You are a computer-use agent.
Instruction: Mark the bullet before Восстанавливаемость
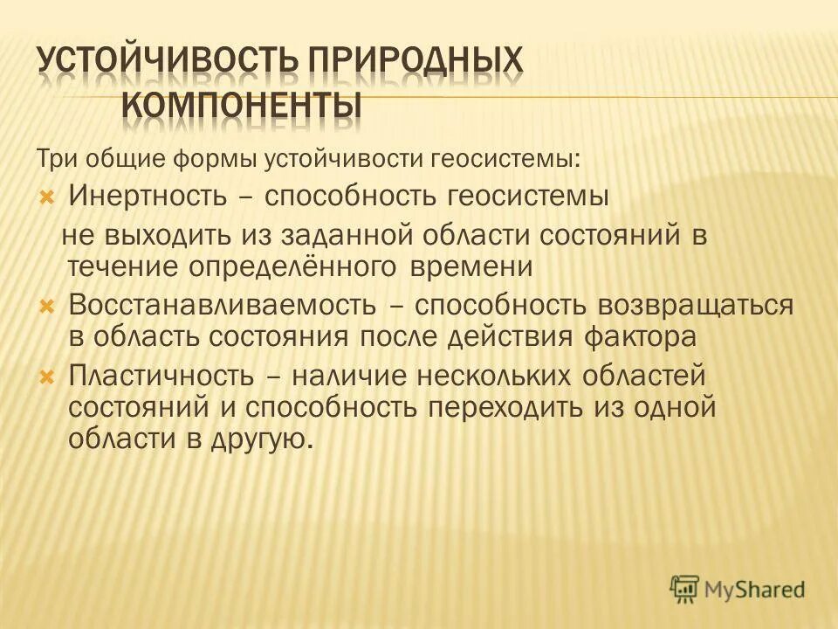[x=48, y=306]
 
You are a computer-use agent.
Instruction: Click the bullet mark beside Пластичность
[x=48, y=377]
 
